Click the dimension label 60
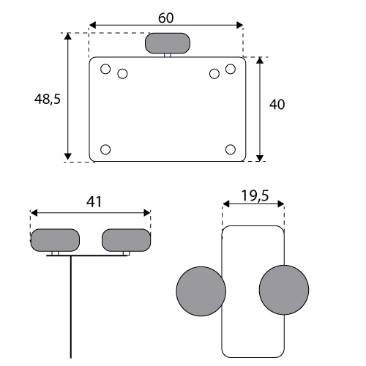tap(166, 18)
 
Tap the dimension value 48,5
tap(48, 100)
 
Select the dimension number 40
tap(277, 105)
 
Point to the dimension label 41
tap(94, 202)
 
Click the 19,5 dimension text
tap(255, 195)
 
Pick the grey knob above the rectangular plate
tap(168, 43)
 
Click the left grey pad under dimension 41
tap(55, 240)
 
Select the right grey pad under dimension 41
tap(126, 240)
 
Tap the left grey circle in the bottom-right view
tap(201, 291)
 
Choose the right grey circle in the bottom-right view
tap(284, 290)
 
